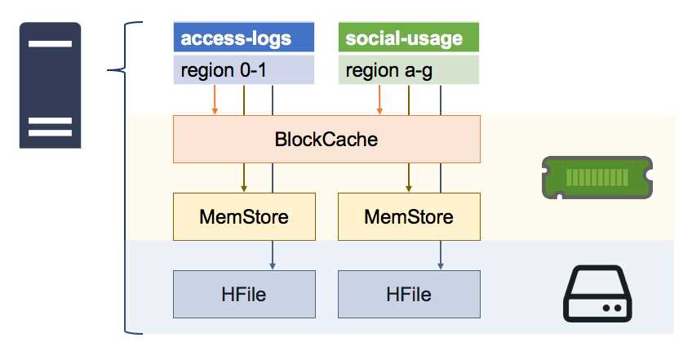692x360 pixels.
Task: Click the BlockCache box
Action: (326, 139)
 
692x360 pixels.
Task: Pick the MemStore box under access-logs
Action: (244, 217)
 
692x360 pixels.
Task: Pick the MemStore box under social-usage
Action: (408, 217)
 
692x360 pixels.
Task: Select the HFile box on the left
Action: (244, 293)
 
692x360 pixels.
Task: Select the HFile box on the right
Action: (408, 293)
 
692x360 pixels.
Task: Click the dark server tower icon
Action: (50, 86)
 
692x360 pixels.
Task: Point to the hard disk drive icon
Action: (599, 296)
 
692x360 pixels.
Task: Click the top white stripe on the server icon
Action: (50, 44)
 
